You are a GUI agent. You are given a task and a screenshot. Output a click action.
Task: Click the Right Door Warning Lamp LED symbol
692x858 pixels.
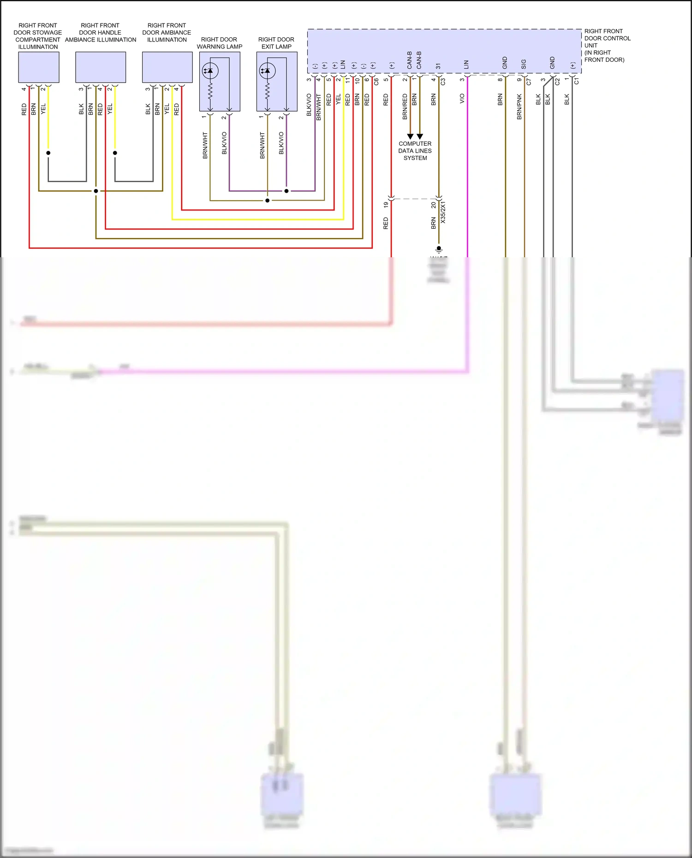[210, 71]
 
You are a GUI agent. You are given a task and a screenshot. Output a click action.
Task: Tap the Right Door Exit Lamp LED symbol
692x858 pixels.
[267, 71]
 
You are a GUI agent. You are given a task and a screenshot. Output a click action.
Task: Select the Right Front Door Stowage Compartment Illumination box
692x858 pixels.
[39, 67]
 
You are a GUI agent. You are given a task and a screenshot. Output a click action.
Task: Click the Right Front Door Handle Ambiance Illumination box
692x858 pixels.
[101, 67]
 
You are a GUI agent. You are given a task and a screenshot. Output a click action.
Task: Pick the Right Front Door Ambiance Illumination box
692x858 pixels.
[167, 67]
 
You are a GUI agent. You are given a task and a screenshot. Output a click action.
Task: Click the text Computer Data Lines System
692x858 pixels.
[415, 151]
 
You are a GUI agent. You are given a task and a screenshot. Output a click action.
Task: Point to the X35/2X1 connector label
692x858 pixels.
[443, 212]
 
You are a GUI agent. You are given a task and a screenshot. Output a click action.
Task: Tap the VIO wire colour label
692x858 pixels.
[462, 99]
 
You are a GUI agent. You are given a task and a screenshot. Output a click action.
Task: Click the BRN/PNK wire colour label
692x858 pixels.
[519, 107]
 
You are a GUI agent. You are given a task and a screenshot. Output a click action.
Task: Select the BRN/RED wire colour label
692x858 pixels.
[405, 107]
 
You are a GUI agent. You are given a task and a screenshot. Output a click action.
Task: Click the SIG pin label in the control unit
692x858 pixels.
[524, 64]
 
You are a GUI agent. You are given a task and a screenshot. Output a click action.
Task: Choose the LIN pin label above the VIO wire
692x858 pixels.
[466, 65]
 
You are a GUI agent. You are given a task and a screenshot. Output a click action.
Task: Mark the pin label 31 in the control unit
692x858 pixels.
[438, 66]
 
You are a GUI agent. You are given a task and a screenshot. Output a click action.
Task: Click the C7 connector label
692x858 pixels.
[529, 82]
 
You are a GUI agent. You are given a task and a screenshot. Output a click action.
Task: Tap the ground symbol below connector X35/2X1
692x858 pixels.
[439, 250]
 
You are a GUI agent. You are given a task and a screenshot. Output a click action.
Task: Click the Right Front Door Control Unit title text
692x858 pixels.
[607, 45]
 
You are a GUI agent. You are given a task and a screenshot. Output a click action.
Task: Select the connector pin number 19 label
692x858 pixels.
[386, 204]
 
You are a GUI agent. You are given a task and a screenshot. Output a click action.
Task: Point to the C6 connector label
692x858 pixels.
[376, 82]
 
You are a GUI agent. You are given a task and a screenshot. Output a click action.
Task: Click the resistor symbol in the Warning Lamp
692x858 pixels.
[210, 92]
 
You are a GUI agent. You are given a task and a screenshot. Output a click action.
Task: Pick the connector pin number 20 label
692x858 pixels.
[433, 205]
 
